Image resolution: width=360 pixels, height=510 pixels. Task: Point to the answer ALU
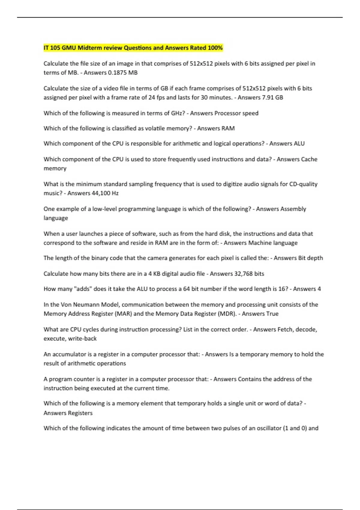299,144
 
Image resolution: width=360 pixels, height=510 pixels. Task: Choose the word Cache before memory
309,159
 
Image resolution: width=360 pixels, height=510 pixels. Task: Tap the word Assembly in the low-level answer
293,209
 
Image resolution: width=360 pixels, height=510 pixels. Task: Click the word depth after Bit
315,258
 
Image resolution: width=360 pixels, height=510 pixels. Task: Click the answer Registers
80,413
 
